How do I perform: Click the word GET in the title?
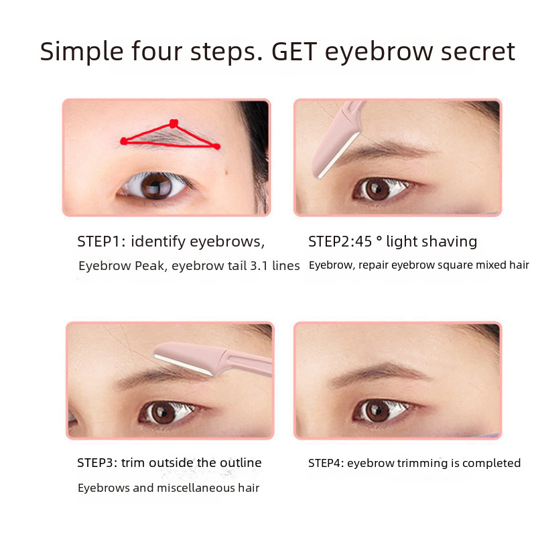point(294,52)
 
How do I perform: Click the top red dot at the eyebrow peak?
point(174,123)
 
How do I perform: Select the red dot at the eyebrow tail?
point(216,147)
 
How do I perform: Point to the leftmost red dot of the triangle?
point(124,141)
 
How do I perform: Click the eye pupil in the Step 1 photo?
point(157,186)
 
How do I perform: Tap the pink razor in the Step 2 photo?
point(336,139)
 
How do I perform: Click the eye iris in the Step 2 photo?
point(377,189)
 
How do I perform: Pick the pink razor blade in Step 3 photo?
point(212,360)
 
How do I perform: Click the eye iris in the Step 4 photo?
point(377,411)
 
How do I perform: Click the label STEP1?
point(101,242)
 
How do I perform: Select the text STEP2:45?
point(340,242)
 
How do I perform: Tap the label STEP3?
point(97,463)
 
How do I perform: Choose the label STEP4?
point(326,463)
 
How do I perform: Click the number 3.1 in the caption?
point(259,266)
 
